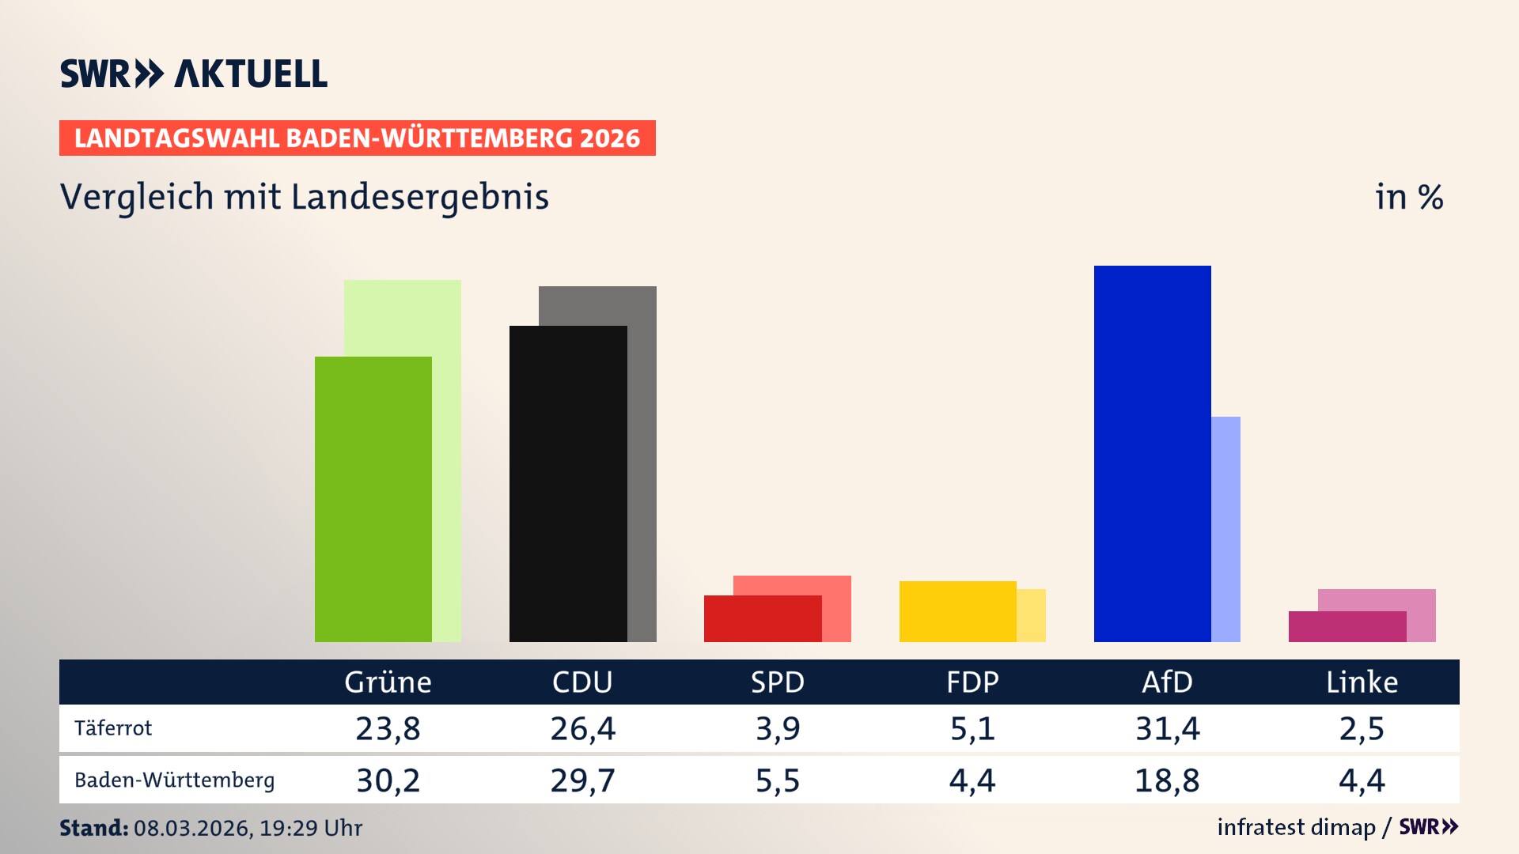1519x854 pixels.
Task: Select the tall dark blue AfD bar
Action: click(x=1152, y=453)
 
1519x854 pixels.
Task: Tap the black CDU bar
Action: click(x=568, y=483)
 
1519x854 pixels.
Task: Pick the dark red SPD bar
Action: click(x=762, y=618)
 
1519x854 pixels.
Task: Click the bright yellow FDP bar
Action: click(x=957, y=611)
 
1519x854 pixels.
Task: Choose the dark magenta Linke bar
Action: click(x=1347, y=626)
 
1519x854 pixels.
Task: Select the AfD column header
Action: click(x=1167, y=682)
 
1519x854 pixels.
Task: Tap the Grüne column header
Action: click(x=388, y=682)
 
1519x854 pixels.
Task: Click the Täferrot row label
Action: click(x=113, y=728)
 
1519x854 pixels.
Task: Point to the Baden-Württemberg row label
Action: click(x=174, y=780)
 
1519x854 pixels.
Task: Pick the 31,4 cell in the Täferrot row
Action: click(x=1167, y=728)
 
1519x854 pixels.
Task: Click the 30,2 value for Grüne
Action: click(x=388, y=780)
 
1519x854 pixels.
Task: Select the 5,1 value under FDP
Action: click(x=972, y=728)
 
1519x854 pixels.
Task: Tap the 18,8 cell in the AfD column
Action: click(x=1167, y=780)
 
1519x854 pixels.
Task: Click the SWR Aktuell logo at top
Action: click(x=194, y=74)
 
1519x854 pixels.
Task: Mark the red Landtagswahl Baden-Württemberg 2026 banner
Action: click(x=357, y=138)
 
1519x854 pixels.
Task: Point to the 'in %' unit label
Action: click(x=1408, y=197)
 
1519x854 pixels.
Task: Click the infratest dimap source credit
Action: click(x=1296, y=827)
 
